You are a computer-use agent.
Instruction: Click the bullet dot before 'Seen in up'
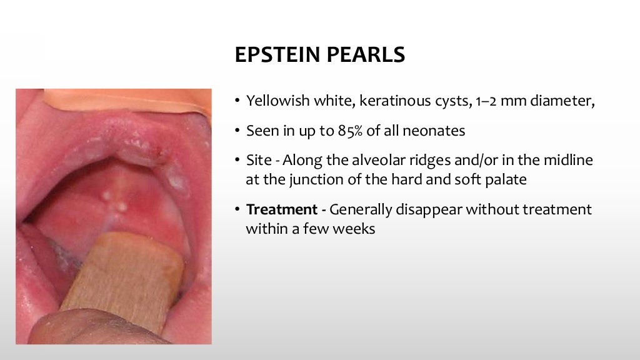click(x=237, y=131)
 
